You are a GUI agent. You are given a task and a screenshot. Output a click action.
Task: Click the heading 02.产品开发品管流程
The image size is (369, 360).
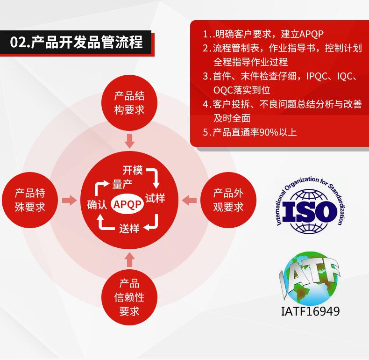(77, 43)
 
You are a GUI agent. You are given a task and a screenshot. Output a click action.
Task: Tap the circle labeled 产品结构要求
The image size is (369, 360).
(129, 103)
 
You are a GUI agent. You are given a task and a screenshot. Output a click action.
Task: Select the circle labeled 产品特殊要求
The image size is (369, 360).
(30, 200)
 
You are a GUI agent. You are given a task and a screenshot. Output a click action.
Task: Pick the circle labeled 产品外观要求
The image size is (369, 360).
(228, 200)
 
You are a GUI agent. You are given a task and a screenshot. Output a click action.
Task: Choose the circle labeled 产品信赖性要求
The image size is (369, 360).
(129, 297)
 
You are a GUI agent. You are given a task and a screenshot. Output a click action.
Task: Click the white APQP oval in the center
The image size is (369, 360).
(127, 204)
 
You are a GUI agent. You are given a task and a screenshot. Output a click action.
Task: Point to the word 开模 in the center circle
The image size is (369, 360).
(133, 170)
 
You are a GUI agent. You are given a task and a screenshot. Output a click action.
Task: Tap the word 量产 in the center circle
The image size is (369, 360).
(122, 184)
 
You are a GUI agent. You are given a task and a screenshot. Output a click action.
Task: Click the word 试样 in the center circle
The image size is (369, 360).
(155, 198)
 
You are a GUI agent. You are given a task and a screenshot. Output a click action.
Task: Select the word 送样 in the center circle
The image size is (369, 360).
(129, 228)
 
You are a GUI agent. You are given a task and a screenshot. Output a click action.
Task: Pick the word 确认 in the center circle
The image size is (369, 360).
(97, 204)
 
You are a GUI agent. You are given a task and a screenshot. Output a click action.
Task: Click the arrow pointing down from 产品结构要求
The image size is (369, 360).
(129, 141)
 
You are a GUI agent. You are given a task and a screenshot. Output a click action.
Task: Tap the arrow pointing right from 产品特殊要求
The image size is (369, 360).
(69, 200)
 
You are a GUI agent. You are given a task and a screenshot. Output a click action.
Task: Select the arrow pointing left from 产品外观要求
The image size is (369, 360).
(189, 200)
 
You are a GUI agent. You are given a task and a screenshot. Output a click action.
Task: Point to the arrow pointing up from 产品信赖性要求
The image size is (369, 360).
(129, 259)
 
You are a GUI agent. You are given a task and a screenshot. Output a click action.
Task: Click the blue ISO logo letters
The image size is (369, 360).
(310, 211)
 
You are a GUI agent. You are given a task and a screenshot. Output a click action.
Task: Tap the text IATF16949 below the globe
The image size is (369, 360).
(311, 311)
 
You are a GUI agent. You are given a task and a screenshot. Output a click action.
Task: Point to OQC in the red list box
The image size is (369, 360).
(223, 90)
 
